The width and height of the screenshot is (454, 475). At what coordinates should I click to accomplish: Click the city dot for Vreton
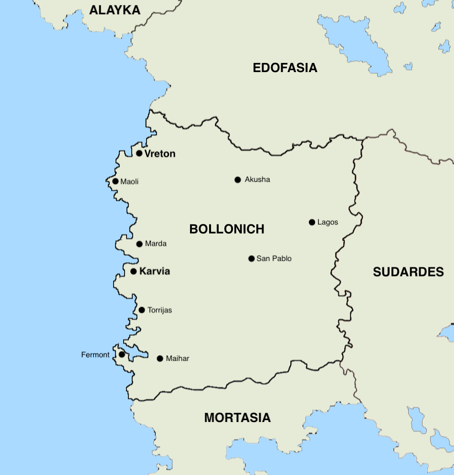point(139,153)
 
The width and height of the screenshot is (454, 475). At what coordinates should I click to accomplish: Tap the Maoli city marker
point(116,181)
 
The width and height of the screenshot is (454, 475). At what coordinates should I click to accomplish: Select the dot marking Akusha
point(238,179)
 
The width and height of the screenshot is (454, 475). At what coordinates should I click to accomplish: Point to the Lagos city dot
point(312,222)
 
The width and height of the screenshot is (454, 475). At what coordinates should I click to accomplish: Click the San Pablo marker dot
point(252,259)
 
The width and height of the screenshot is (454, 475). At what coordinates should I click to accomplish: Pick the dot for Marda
point(139,244)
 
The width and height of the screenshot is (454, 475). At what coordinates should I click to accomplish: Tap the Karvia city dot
point(134,272)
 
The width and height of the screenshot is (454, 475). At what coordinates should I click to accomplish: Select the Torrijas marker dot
point(142,310)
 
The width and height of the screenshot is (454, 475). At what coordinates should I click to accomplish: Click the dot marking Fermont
point(122,354)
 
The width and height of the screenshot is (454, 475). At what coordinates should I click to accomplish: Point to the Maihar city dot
point(160,359)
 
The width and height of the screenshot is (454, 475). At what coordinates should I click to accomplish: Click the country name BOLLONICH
point(227,229)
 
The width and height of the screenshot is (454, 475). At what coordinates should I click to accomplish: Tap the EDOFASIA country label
point(285,68)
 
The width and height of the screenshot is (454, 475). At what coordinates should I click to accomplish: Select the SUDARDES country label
point(408,272)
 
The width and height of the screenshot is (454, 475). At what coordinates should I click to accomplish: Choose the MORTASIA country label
point(237,418)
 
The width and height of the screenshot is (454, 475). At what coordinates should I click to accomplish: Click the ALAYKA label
point(115,10)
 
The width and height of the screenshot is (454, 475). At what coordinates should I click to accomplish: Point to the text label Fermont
point(95,355)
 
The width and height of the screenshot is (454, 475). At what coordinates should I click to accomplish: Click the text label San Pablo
point(274,259)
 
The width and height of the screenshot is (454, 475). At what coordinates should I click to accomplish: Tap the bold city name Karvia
point(154,272)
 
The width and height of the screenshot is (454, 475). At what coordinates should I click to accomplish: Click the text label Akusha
point(257,179)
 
